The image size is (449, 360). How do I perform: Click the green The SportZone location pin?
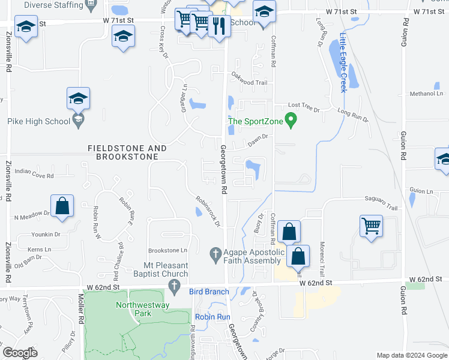[x=291, y=121]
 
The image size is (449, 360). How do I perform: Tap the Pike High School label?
[x=39, y=122]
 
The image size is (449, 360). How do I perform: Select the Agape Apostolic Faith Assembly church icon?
[x=216, y=254]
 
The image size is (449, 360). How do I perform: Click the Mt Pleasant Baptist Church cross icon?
[x=174, y=286]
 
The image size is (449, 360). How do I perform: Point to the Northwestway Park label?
[x=142, y=309]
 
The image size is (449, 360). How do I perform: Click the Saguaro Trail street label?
[x=381, y=207]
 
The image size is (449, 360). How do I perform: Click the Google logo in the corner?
[x=20, y=353]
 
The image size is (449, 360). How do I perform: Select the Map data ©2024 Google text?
[x=412, y=355]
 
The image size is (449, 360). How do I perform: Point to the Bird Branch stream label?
[x=209, y=292]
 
